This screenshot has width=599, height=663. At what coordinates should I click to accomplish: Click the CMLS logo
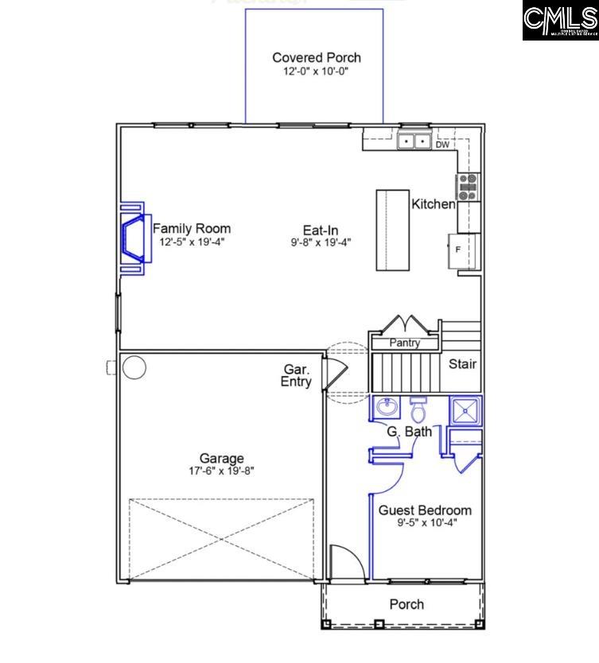[x=559, y=21]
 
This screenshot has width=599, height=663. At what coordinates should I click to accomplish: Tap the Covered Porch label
[x=316, y=57]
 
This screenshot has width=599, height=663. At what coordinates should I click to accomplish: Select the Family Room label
[x=192, y=228]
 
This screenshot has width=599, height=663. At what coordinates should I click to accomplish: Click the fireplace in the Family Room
[x=134, y=238]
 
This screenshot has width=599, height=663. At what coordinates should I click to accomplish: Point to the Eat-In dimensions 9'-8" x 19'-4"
[x=321, y=242]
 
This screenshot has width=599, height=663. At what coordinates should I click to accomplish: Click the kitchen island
[x=392, y=231]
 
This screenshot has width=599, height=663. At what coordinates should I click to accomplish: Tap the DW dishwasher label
[x=442, y=145]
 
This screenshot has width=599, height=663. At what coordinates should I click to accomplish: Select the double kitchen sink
[x=414, y=142]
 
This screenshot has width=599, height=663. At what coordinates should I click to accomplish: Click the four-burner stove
[x=467, y=187]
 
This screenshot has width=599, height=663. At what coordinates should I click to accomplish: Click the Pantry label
[x=405, y=343]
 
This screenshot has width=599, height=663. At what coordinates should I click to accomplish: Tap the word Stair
[x=462, y=364]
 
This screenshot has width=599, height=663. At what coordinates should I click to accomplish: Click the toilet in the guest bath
[x=418, y=410]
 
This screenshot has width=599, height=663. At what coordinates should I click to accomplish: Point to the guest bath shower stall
[x=465, y=409]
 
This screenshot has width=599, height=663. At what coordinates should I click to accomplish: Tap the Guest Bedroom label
[x=424, y=510]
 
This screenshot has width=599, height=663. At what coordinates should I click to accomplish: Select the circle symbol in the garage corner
[x=134, y=367]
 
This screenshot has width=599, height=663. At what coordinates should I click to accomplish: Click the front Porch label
[x=406, y=604]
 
